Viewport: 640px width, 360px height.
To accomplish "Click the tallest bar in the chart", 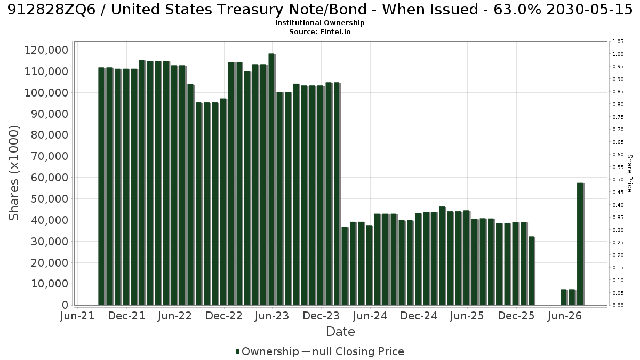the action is point(271,179).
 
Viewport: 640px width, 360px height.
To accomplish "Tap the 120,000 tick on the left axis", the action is point(46,50).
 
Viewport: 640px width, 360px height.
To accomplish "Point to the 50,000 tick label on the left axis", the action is point(50,199).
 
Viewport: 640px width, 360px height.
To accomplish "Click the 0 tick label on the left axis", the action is point(66,305).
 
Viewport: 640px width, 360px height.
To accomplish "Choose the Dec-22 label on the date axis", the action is point(224,316).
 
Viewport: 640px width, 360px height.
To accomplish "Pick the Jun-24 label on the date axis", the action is point(370,316).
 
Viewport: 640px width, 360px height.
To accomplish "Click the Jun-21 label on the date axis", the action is point(77,316).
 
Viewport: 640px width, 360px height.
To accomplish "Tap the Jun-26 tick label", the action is point(565,316).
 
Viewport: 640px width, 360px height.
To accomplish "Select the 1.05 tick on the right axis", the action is point(618,42).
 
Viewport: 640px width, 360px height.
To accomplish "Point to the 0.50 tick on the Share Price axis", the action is point(618,180).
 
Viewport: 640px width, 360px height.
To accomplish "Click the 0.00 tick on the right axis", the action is point(618,306).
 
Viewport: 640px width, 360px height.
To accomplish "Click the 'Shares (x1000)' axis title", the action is point(13,173).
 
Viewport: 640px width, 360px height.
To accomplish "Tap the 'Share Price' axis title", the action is point(630,173).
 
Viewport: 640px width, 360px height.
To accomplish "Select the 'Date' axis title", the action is point(341,332).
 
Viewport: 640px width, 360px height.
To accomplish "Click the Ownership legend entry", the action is point(267,351).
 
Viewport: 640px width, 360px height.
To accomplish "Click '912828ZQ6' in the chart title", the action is point(54,10).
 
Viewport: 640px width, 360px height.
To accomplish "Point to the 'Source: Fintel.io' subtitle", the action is point(319,31).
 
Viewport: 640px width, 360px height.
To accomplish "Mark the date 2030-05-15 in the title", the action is point(589,10).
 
